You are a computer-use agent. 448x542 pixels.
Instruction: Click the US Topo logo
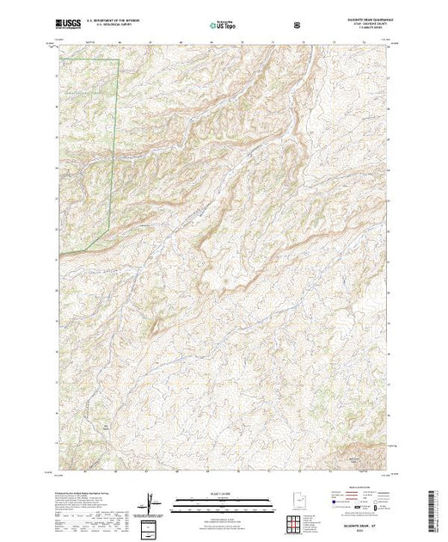[x=224, y=26]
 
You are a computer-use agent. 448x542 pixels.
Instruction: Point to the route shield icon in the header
[x=297, y=25]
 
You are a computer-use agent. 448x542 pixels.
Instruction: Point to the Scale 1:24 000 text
[x=224, y=495]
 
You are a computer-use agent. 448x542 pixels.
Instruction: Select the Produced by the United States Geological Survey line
[x=82, y=496]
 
